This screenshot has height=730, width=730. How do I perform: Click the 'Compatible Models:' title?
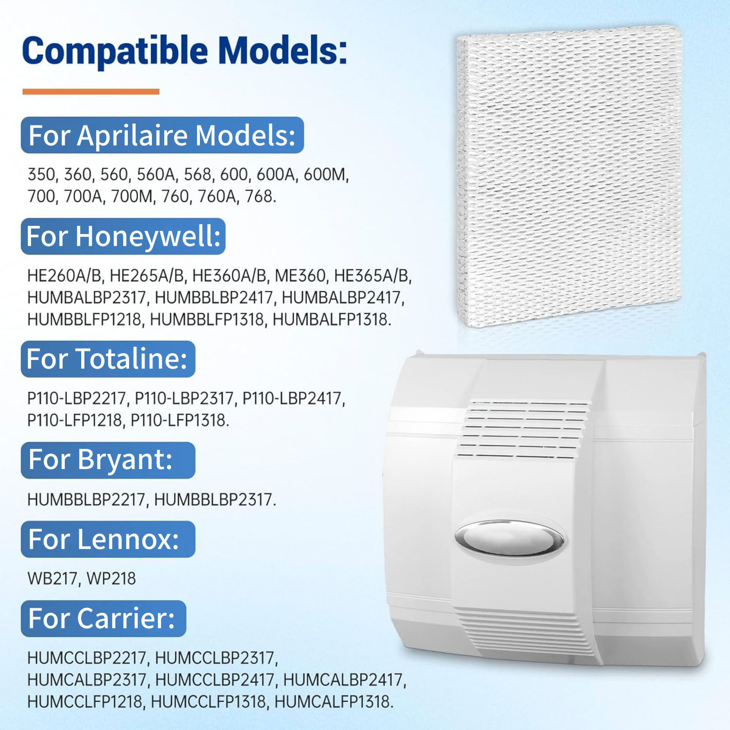(x=184, y=51)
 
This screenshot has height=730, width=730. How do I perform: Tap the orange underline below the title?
(x=91, y=92)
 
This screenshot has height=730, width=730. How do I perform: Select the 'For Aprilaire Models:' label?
(x=162, y=136)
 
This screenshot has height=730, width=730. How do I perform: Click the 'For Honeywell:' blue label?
(x=123, y=236)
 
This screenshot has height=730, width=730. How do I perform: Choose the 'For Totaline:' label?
(x=108, y=359)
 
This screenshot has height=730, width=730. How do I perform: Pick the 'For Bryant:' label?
(x=108, y=460)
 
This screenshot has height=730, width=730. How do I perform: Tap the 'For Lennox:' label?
(x=108, y=539)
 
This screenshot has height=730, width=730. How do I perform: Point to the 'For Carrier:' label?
(x=104, y=619)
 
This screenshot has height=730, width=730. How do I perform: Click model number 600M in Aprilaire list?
(x=325, y=174)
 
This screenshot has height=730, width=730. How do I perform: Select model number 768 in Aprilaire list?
(x=260, y=196)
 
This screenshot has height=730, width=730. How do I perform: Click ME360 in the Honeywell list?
(x=300, y=276)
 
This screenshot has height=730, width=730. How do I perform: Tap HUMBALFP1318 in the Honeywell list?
(x=330, y=319)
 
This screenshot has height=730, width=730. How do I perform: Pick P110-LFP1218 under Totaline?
(x=75, y=420)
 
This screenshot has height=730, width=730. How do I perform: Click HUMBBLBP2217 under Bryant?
(x=86, y=500)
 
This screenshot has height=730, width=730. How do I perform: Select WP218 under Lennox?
(x=111, y=579)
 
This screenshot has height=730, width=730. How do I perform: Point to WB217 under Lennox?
(x=52, y=579)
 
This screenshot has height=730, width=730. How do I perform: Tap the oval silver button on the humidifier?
(x=509, y=538)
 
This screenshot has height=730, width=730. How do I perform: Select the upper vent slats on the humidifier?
(x=524, y=429)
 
